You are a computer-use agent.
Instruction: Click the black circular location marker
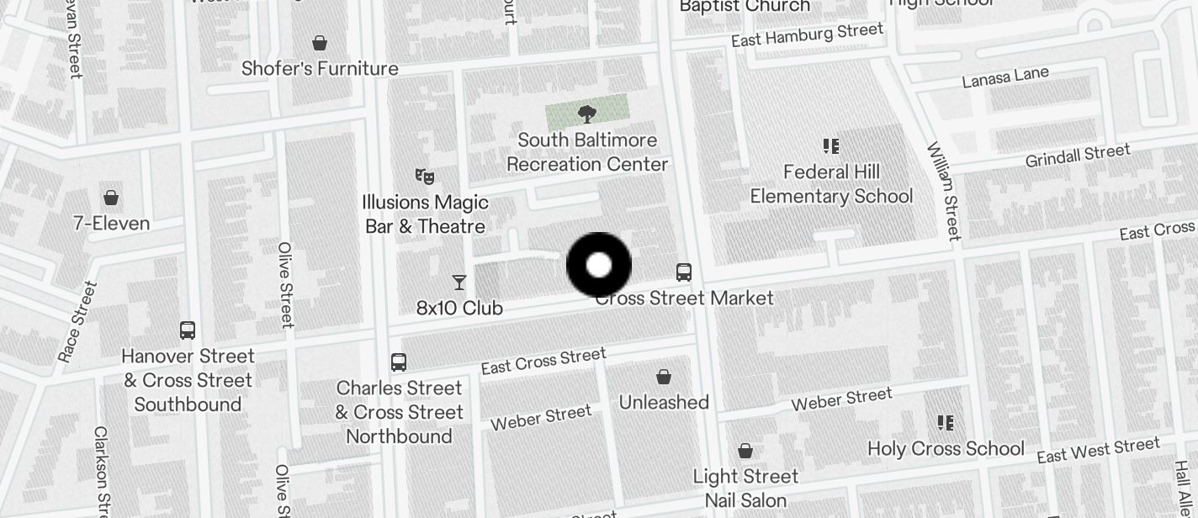[x=598, y=266]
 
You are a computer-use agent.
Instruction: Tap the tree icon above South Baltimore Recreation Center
[x=587, y=114]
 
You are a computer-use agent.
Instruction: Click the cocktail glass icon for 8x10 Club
[x=459, y=283]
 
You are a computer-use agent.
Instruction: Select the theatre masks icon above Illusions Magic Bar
[x=425, y=177]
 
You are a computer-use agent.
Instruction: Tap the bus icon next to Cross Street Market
[x=684, y=272]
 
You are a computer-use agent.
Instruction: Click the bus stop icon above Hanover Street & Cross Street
[x=188, y=330]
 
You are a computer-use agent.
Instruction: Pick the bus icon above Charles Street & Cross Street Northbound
[x=399, y=362]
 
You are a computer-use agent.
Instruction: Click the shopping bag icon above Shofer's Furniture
[x=320, y=43]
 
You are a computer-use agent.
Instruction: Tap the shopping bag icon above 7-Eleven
[x=111, y=198]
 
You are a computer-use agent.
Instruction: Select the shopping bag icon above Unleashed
[x=664, y=377]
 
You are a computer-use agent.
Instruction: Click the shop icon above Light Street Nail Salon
[x=745, y=451]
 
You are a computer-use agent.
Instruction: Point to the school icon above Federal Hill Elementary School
[x=831, y=147]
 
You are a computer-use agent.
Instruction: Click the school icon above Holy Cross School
[x=946, y=423]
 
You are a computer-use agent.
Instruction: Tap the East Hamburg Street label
[x=807, y=35]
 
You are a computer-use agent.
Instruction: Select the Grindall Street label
[x=1078, y=156]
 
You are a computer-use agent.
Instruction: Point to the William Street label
[x=944, y=191]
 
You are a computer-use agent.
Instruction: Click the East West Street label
[x=1098, y=451]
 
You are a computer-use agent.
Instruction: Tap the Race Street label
[x=77, y=322]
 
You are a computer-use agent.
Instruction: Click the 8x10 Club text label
[x=459, y=309]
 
